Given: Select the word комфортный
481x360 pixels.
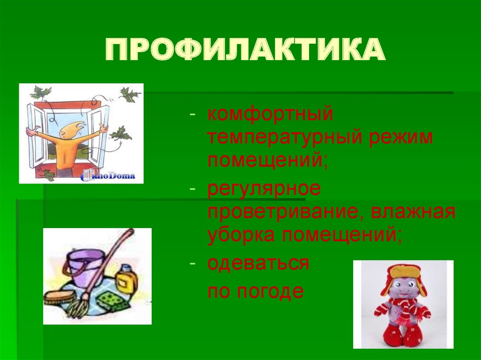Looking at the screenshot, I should pyautogui.click(x=270, y=114).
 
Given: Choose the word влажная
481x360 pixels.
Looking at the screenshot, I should pyautogui.click(x=414, y=212).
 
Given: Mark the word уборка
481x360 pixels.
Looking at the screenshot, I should pyautogui.click(x=238, y=235).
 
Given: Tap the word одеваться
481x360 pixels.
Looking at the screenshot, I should pyautogui.click(x=258, y=263).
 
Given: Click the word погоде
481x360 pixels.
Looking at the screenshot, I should pyautogui.click(x=270, y=291).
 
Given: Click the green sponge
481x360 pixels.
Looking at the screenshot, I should pyautogui.click(x=112, y=300).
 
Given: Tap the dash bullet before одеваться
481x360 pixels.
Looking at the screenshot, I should pyautogui.click(x=192, y=263).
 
